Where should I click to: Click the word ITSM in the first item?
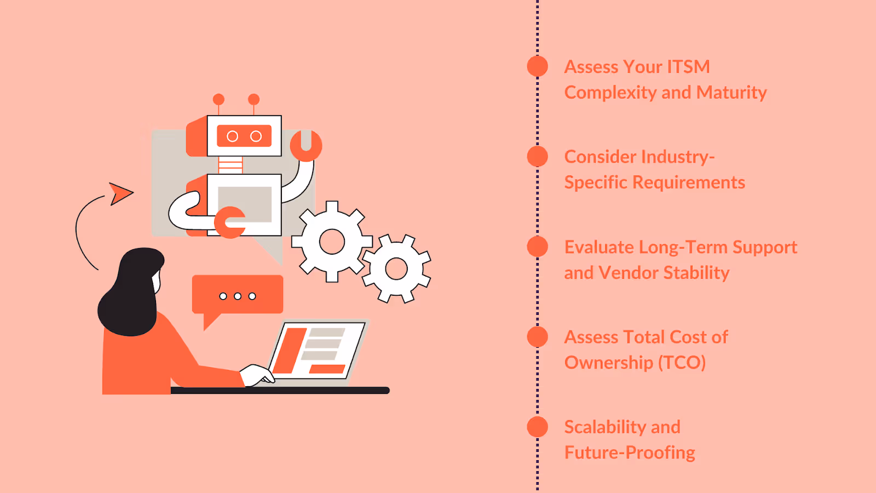pos(688,67)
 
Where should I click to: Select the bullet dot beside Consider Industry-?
pos(537,157)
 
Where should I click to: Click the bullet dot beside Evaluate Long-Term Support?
pos(537,246)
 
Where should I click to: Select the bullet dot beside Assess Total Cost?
pos(537,337)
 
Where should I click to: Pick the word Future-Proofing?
pos(630,452)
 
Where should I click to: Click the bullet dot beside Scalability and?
pos(537,427)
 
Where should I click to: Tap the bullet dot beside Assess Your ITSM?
pos(537,66)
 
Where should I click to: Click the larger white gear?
pos(332,242)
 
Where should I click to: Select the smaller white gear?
pos(396,268)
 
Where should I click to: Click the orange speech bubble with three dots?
pos(238,296)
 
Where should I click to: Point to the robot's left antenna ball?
pos(218,99)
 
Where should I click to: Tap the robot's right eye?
pos(256,136)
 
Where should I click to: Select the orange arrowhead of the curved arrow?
pos(120,193)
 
